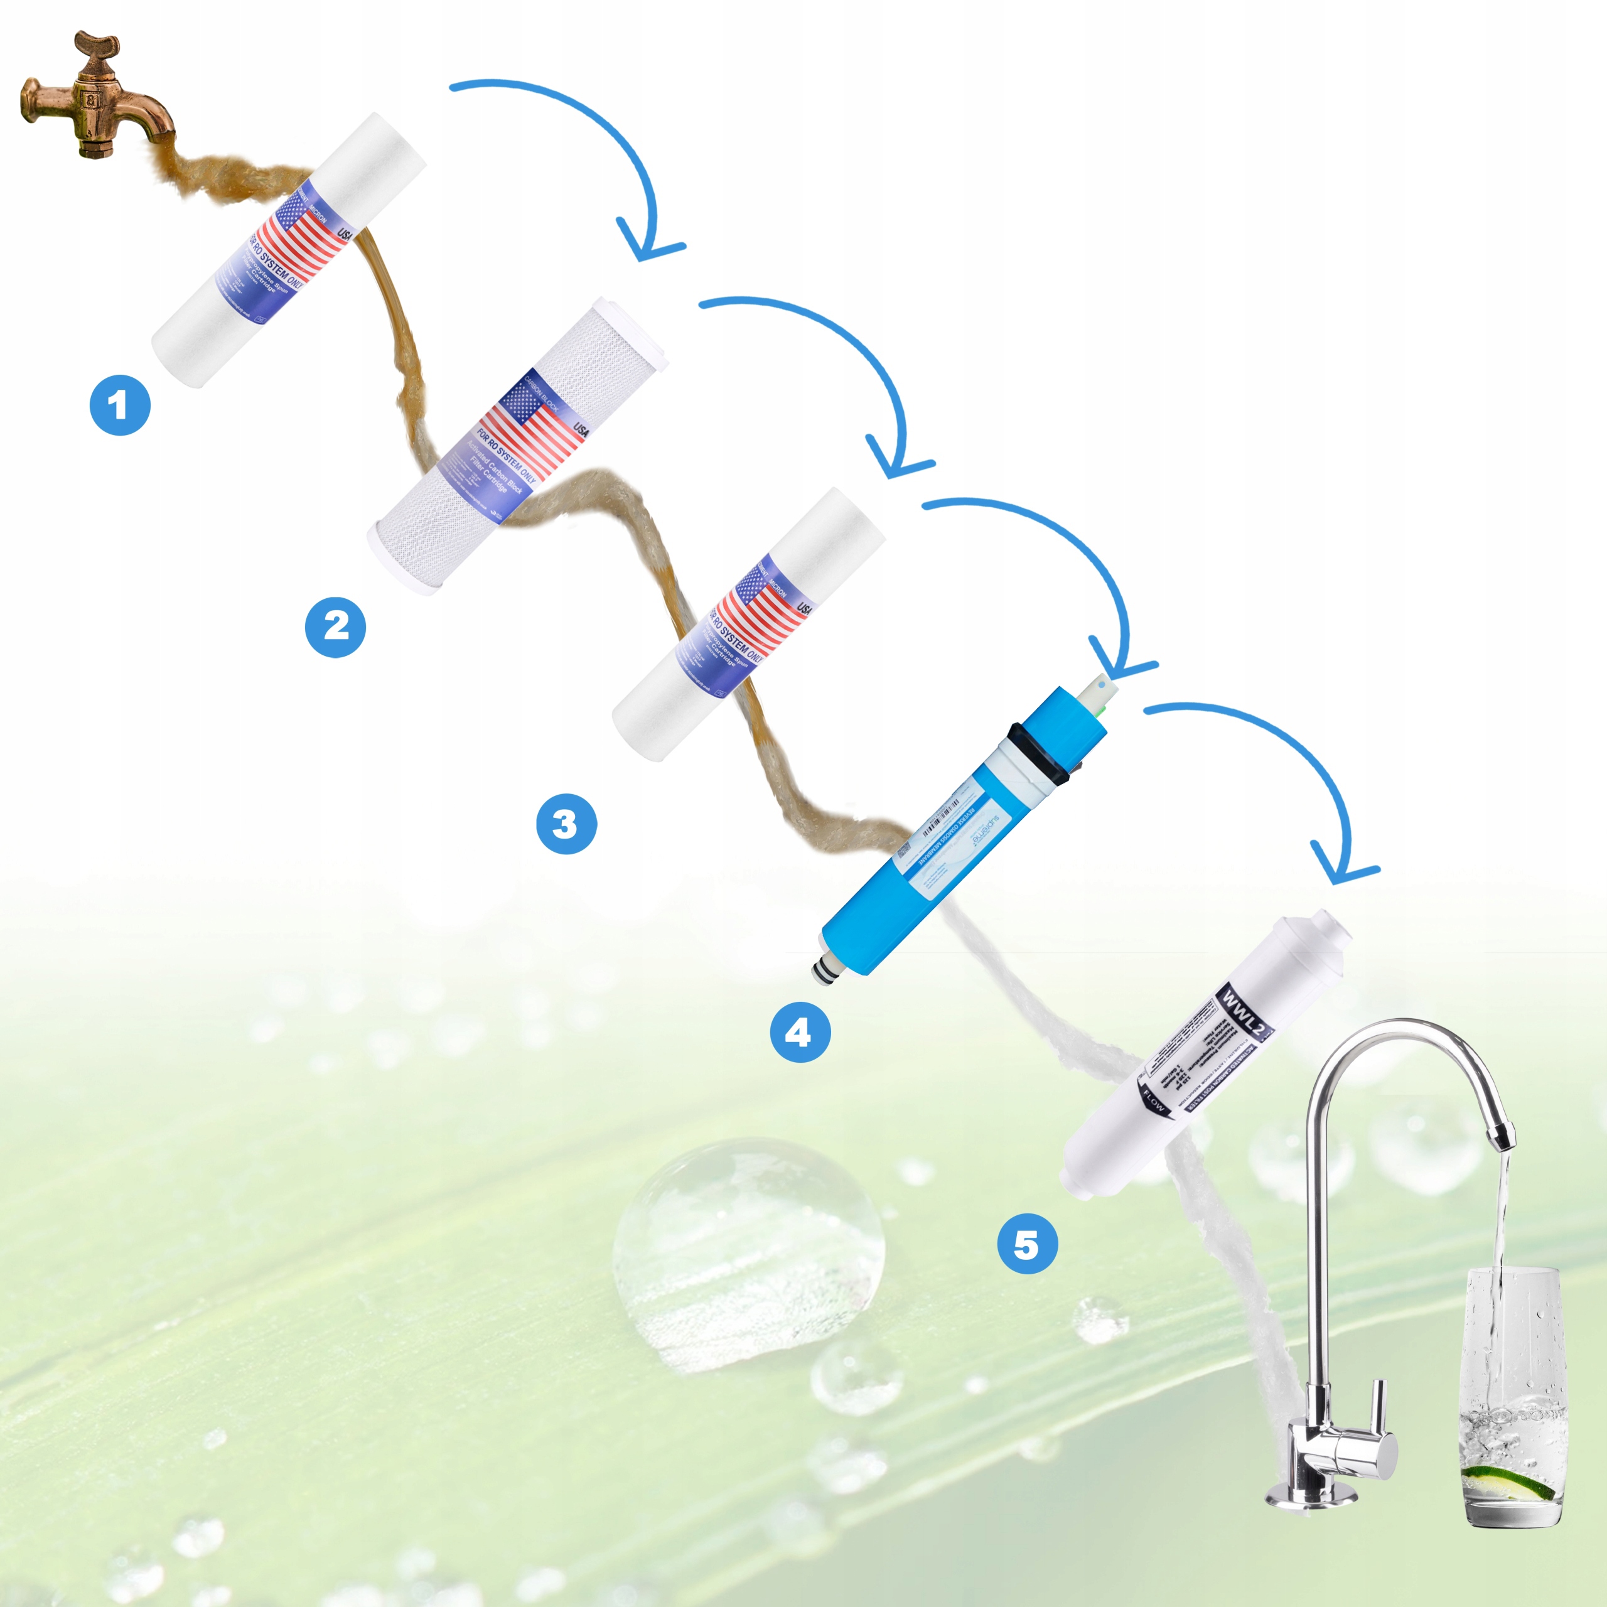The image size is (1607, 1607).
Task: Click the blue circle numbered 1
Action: pos(120,406)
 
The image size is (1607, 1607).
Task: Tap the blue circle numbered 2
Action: pos(335,626)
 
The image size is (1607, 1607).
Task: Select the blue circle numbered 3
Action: pos(566,824)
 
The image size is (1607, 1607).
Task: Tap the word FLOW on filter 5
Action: pos(1154,1100)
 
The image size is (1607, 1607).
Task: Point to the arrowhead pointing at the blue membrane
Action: pos(1119,666)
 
